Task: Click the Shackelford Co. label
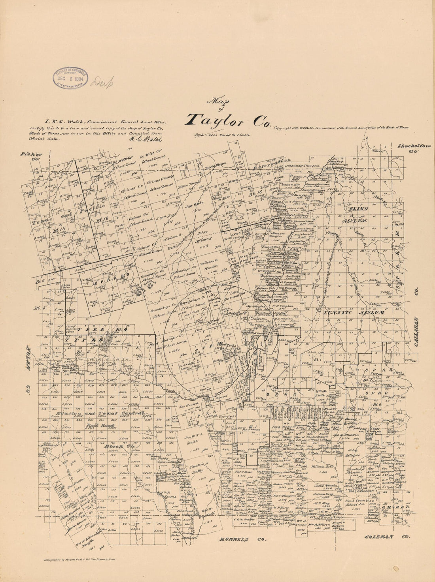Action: coord(414,148)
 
